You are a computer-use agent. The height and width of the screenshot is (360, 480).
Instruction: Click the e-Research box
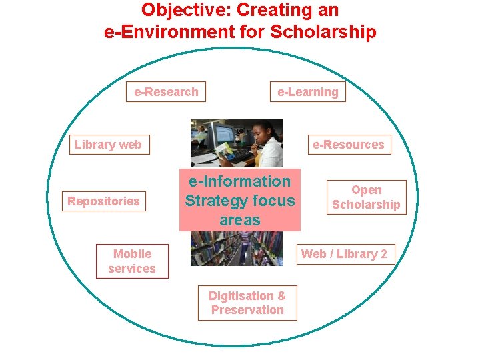click(166, 92)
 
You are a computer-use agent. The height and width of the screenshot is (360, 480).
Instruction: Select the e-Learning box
click(307, 92)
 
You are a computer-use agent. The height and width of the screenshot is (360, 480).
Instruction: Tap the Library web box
click(109, 145)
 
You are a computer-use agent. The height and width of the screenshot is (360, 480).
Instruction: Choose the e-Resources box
click(349, 145)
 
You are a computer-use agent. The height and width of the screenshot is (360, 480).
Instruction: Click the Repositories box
click(103, 201)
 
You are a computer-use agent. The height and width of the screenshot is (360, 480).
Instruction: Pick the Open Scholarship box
click(366, 197)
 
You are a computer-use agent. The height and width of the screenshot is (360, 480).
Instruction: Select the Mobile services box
click(132, 261)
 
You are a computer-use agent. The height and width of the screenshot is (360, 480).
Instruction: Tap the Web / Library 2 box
click(344, 254)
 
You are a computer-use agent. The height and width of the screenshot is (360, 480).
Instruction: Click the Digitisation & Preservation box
click(247, 303)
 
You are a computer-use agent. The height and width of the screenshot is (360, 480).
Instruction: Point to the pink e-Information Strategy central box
click(240, 200)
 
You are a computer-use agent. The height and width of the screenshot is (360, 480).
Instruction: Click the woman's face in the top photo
click(255, 136)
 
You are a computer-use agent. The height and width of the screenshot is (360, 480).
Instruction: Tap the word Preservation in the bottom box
click(247, 310)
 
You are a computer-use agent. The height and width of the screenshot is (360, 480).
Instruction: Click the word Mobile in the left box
click(132, 254)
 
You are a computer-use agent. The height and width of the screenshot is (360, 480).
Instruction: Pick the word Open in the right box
click(366, 191)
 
